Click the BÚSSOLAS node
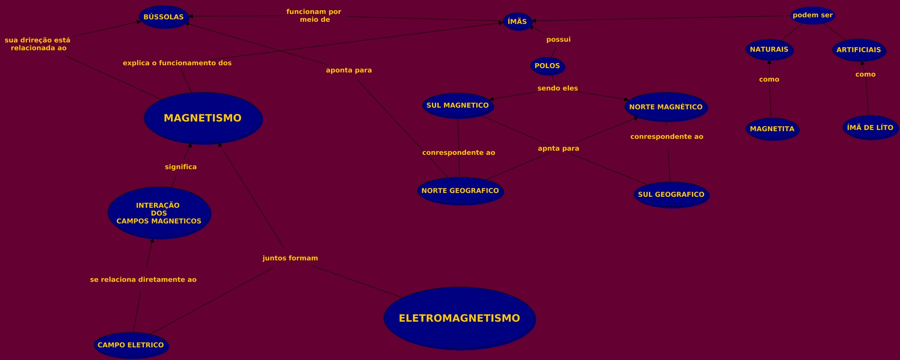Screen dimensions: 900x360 pos(164,17)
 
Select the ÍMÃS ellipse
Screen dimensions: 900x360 pos(517,21)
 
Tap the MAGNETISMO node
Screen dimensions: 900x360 pos(203,118)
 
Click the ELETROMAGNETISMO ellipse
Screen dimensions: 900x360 pos(459,318)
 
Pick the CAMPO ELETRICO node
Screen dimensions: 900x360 pos(131,345)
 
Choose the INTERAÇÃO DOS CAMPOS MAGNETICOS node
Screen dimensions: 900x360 pos(159,213)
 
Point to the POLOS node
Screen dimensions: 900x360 pos(547,66)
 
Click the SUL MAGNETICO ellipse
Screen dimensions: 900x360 pos(458,106)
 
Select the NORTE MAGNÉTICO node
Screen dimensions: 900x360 pos(666,107)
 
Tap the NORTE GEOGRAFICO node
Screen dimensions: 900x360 pos(460,191)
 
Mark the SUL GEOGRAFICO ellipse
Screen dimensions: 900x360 pos(671,195)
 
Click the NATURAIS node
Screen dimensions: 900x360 pos(769,50)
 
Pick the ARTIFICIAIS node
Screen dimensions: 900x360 pos(859,50)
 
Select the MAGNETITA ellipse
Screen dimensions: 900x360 pos(772,129)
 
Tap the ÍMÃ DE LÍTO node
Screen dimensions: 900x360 pos(870,127)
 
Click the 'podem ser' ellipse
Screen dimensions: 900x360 pos(813,16)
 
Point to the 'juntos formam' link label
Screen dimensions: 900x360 pos(290,258)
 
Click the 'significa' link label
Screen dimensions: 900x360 pos(181,167)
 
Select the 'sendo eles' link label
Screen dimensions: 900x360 pos(558,88)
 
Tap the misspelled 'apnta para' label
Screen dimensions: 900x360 pos(559,148)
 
